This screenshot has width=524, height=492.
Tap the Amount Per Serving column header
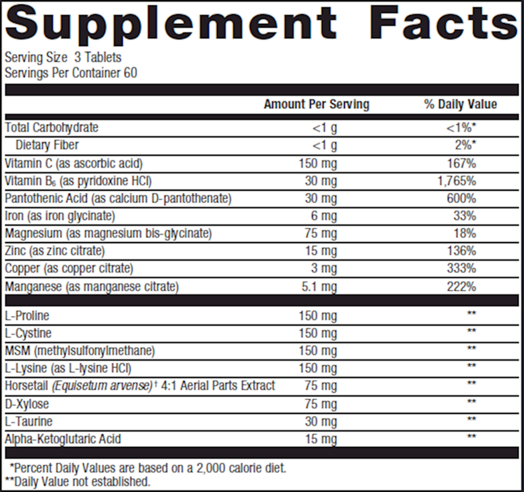point(316,104)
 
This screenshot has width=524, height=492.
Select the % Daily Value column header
point(461,104)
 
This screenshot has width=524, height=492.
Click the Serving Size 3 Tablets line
point(63,57)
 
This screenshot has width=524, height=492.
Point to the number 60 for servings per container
point(130,73)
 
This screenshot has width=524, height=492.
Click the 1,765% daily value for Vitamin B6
point(457,181)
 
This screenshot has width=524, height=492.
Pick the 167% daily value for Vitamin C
point(462,163)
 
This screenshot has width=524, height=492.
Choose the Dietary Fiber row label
point(47,145)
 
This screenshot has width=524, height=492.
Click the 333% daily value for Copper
point(462,269)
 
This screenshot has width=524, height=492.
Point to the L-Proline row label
point(27,316)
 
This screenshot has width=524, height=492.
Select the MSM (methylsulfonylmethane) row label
point(80,351)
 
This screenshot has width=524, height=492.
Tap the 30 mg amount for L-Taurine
point(321,421)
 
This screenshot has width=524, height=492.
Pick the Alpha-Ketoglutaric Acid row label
point(63,439)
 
